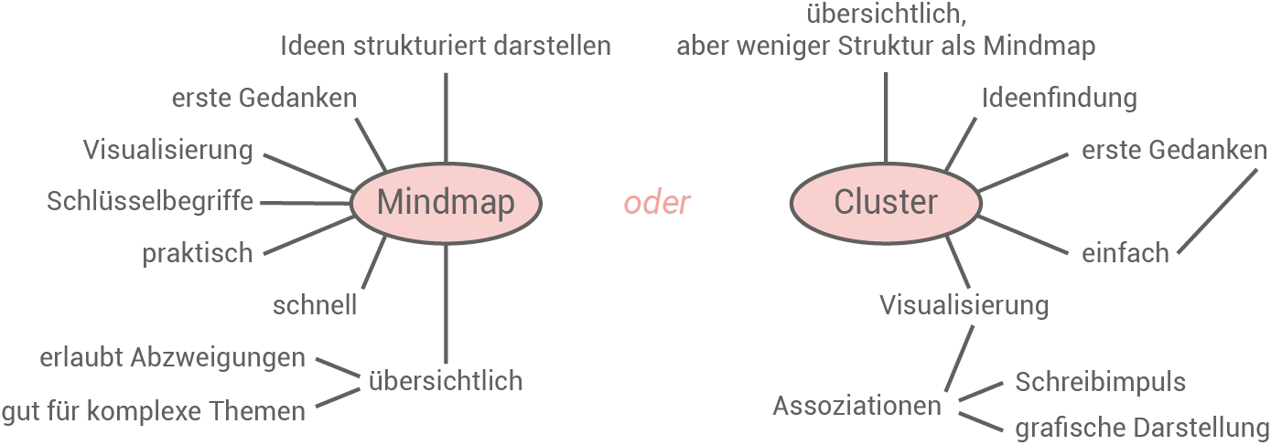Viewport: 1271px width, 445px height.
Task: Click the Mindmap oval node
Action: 446,202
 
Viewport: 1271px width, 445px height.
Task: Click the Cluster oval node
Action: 885,202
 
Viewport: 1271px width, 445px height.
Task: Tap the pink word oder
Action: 656,203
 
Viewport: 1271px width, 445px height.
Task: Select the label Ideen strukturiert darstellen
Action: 446,45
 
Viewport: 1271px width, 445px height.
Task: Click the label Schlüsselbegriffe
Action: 150,201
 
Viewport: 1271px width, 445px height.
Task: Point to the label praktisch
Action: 197,253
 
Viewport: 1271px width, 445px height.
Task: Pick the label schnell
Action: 314,304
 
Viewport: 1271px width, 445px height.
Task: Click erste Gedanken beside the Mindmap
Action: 264,98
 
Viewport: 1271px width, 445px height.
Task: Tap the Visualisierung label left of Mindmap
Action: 167,149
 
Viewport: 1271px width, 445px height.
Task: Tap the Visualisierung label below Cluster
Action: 964,304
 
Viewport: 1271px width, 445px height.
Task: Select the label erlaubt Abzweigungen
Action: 172,357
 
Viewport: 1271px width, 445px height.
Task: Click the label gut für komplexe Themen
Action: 153,411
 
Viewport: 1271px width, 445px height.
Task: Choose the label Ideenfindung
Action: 1059,97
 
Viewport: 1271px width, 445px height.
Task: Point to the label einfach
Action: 1125,253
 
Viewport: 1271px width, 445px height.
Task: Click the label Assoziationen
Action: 856,405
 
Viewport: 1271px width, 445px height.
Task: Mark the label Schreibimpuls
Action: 1100,381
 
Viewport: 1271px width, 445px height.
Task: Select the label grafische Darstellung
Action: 1142,428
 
